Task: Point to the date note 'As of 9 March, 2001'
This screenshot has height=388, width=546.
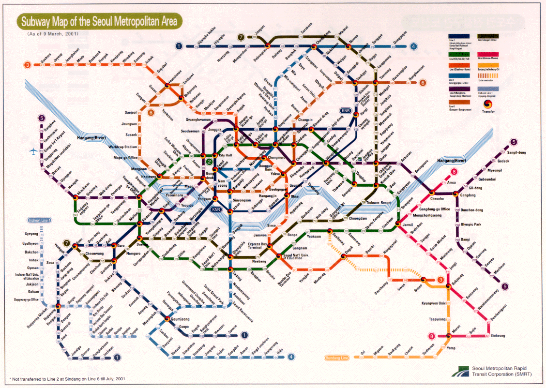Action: click(53, 34)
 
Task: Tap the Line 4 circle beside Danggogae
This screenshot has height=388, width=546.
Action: click(413, 46)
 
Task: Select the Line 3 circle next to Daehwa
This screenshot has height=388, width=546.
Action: click(28, 64)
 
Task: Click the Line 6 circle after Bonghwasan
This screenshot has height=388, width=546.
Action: click(422, 83)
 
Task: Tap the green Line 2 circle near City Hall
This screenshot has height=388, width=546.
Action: click(209, 162)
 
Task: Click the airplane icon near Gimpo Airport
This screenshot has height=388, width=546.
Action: click(33, 151)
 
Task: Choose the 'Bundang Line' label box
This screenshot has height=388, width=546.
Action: click(337, 358)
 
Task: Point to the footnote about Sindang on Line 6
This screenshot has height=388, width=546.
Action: click(68, 378)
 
